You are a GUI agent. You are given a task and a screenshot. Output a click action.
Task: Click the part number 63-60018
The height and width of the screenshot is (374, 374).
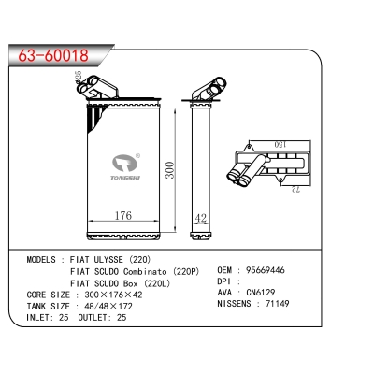(x=53, y=56)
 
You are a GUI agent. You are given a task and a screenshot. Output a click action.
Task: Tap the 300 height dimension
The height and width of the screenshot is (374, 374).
(x=170, y=170)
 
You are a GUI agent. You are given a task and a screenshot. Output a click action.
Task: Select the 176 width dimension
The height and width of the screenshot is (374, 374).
(x=123, y=215)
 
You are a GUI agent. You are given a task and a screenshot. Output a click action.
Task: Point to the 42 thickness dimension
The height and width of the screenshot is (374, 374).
(x=200, y=218)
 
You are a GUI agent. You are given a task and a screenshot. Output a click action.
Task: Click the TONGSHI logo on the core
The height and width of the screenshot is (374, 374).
(x=126, y=167)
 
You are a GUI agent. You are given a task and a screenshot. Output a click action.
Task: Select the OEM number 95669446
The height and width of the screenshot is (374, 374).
(x=266, y=270)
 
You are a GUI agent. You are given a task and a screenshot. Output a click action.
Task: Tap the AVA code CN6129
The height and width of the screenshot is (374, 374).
(x=261, y=293)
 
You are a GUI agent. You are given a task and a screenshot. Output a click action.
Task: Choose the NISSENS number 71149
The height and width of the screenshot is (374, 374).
(x=277, y=303)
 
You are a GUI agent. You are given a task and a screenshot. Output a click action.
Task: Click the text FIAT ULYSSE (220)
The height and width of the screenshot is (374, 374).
(x=110, y=259)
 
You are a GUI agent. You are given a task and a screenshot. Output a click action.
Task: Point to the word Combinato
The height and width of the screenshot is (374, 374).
(x=145, y=271)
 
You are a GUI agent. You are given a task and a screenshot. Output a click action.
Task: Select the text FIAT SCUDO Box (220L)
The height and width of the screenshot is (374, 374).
(x=121, y=283)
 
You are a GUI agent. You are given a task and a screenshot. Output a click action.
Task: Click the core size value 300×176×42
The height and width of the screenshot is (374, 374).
(x=113, y=295)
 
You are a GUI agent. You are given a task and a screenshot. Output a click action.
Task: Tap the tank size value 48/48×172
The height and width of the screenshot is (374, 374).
(x=108, y=306)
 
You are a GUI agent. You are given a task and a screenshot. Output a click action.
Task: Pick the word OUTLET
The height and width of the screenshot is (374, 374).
(x=93, y=318)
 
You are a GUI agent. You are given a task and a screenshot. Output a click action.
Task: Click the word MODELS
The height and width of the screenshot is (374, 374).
(x=41, y=259)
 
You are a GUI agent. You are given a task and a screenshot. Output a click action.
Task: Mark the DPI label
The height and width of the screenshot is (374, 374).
(x=223, y=281)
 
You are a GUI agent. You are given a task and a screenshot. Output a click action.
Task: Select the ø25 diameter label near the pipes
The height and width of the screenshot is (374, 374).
(x=78, y=75)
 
